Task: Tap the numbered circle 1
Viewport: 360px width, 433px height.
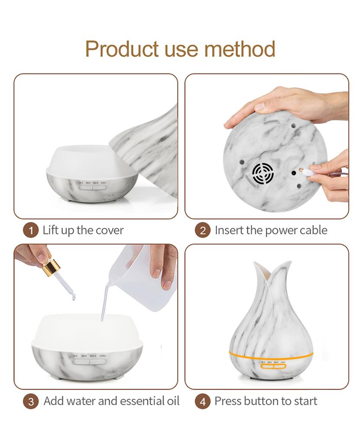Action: (x=30, y=230)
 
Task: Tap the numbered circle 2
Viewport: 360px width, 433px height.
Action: (x=202, y=230)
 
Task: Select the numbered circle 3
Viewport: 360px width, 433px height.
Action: (x=30, y=401)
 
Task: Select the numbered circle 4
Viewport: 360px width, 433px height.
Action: (x=202, y=401)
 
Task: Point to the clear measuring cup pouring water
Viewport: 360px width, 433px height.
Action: (x=143, y=277)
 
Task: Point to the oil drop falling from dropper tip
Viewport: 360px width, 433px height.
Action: (x=73, y=297)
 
